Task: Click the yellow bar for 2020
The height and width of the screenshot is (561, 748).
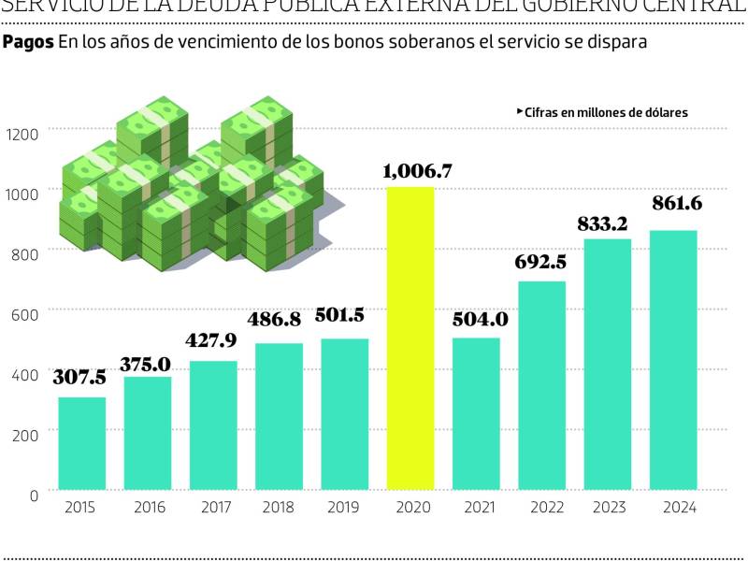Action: pos(410,338)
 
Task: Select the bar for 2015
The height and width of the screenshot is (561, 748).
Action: pos(82,443)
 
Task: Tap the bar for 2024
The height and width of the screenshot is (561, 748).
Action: pos(673,359)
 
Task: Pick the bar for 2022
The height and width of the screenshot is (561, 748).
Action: pos(542,384)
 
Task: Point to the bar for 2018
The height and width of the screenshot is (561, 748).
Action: pos(279,415)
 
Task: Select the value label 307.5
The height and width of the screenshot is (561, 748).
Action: pos(79,379)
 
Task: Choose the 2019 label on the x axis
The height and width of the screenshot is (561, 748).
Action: pos(344,508)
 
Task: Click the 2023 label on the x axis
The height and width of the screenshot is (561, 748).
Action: pos(608,508)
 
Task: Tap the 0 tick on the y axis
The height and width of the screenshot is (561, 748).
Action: pos(34,495)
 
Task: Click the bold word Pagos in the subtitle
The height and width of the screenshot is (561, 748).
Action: pos(28,43)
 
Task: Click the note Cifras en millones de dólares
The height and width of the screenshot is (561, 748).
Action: pos(606,111)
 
